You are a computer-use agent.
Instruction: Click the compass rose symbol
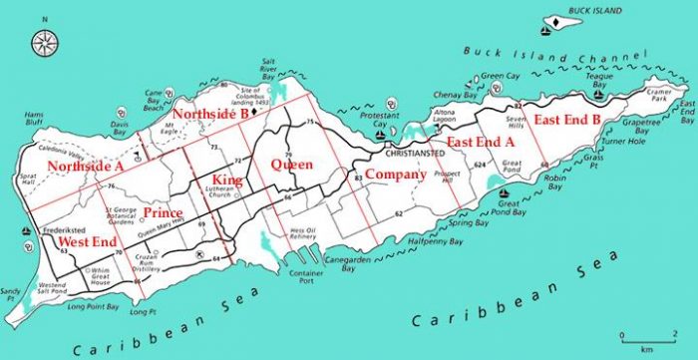click(44, 42)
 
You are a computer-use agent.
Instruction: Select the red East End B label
click(566, 120)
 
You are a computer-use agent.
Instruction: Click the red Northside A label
click(85, 167)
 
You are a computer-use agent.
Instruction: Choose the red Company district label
click(395, 175)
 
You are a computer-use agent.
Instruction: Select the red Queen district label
click(292, 164)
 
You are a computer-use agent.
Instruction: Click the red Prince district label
click(162, 213)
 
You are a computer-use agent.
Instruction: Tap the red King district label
click(228, 180)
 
